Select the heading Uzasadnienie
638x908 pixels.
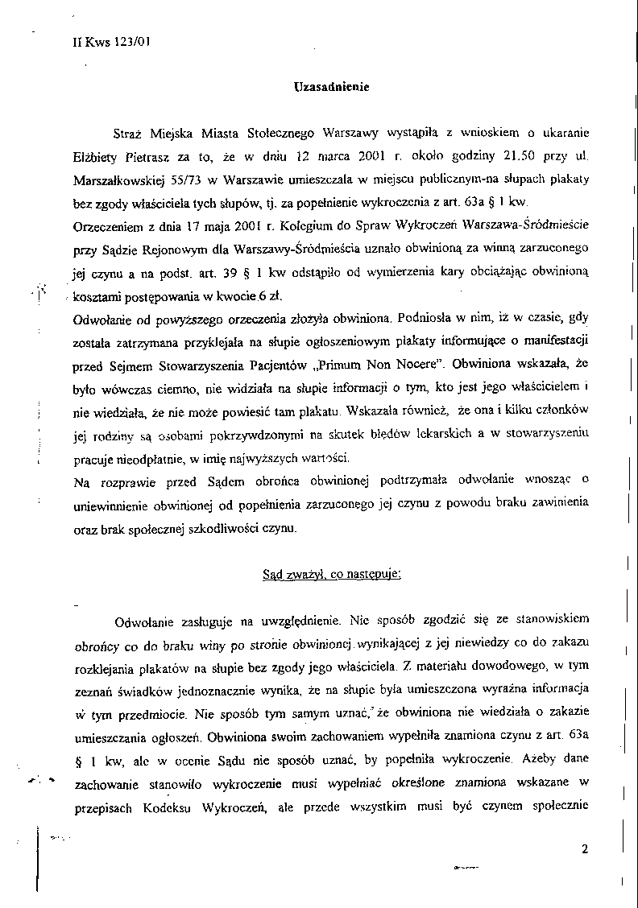(x=331, y=87)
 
